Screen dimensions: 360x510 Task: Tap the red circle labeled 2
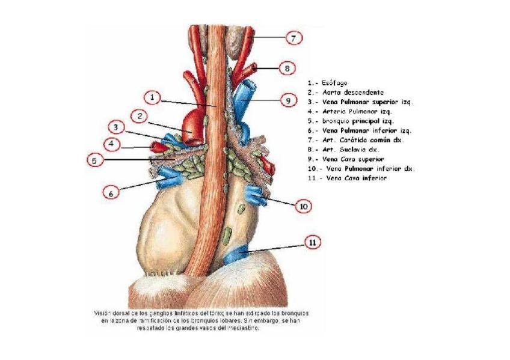click(x=139, y=115)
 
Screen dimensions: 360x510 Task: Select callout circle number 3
click(x=117, y=127)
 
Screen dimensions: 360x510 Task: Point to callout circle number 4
click(x=111, y=144)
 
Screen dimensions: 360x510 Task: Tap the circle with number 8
click(x=287, y=68)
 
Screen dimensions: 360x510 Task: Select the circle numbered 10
click(x=304, y=206)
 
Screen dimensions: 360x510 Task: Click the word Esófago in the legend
click(x=334, y=83)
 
